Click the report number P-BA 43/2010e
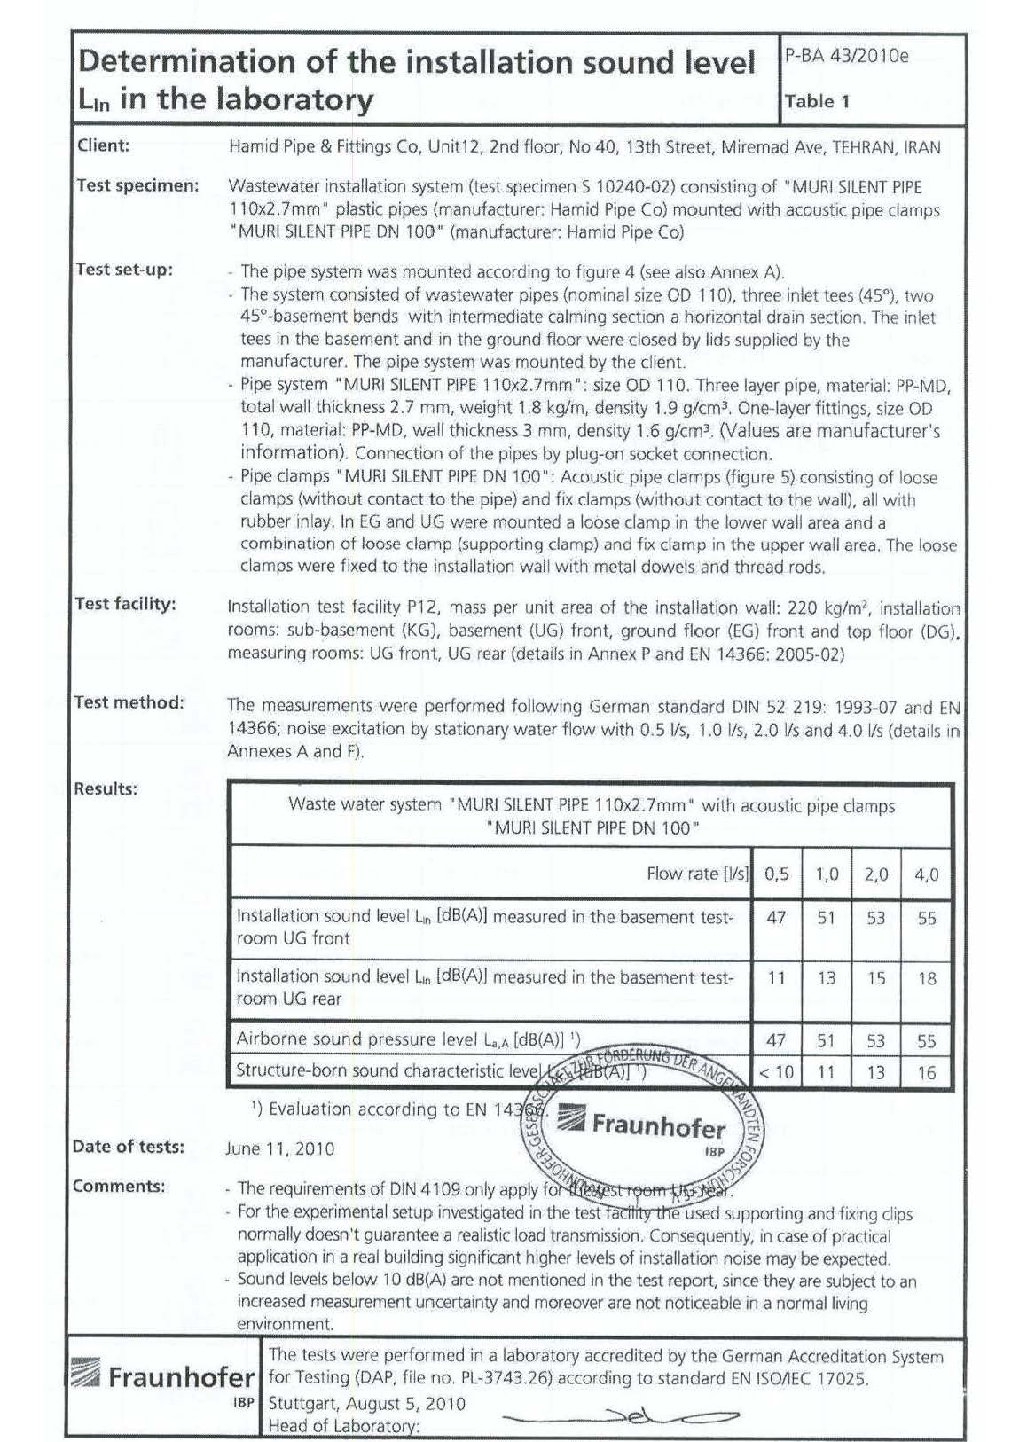point(846,56)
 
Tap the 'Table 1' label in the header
point(817,101)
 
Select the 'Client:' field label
point(103,145)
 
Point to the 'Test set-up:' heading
point(124,270)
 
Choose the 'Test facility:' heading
point(125,604)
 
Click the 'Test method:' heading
point(129,702)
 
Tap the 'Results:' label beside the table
point(106,788)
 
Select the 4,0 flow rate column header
point(926,874)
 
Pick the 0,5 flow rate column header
point(776,874)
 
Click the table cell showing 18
point(926,978)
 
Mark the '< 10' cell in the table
point(776,1072)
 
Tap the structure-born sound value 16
point(926,1072)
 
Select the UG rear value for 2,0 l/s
point(875,978)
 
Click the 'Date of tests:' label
point(129,1147)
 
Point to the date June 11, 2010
point(280,1148)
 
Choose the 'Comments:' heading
point(119,1187)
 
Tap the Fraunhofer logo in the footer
point(163,1377)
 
